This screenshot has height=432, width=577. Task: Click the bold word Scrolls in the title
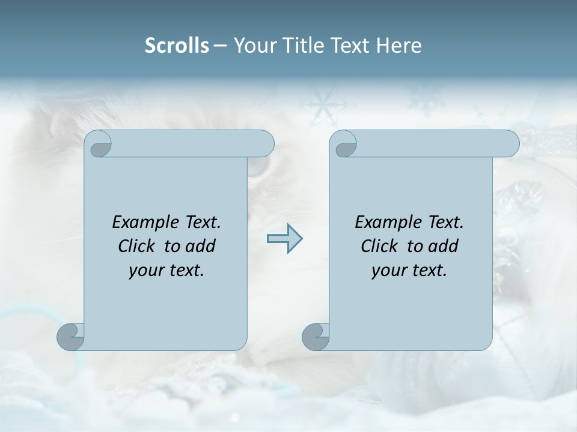pyautogui.click(x=177, y=46)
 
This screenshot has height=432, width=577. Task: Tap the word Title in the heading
pyautogui.click(x=301, y=46)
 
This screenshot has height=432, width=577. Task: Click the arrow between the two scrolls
pyautogui.click(x=284, y=239)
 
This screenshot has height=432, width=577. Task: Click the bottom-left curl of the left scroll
pyautogui.click(x=71, y=336)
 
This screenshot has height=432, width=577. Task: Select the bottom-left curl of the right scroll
pyautogui.click(x=316, y=336)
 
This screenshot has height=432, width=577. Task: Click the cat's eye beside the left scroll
pyautogui.click(x=257, y=169)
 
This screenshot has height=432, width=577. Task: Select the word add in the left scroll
pyautogui.click(x=201, y=246)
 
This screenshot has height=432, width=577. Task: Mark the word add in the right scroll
pyautogui.click(x=444, y=246)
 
